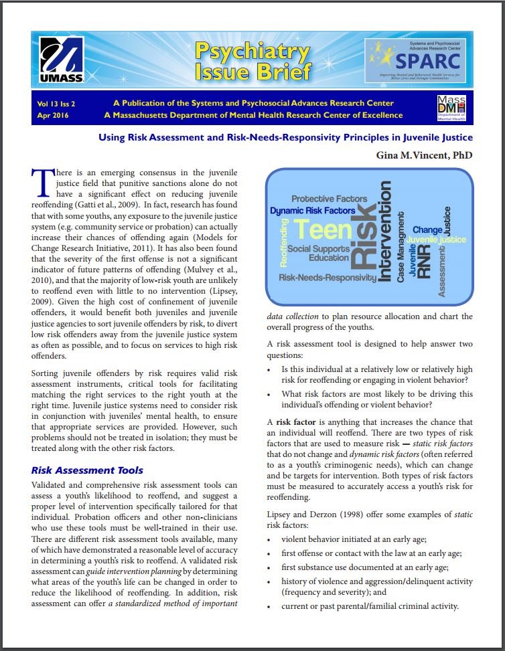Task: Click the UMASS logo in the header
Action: [x=61, y=61]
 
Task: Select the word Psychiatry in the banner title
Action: [x=252, y=52]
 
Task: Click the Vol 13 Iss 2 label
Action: [x=56, y=104]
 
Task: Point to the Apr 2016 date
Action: [x=53, y=115]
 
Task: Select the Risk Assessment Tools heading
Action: [x=87, y=470]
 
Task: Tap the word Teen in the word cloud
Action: [x=323, y=229]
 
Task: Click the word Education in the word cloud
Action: [x=329, y=258]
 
